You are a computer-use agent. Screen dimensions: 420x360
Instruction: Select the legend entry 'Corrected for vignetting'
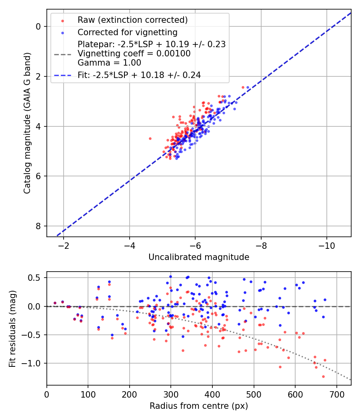tap(128, 32)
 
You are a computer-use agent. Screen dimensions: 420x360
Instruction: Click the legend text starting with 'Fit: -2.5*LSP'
tap(139, 75)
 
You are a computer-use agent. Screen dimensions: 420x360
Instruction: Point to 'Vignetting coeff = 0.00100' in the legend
tap(134, 54)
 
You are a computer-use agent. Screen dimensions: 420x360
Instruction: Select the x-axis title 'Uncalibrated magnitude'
tap(199, 257)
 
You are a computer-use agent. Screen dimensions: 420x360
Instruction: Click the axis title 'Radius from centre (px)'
tap(199, 406)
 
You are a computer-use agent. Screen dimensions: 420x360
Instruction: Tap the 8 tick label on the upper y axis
tap(38, 226)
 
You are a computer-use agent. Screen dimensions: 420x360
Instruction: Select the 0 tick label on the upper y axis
tap(38, 26)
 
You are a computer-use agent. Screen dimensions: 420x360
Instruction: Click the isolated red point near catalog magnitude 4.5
tap(150, 138)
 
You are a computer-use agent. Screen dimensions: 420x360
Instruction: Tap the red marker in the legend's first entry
tap(62, 20)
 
